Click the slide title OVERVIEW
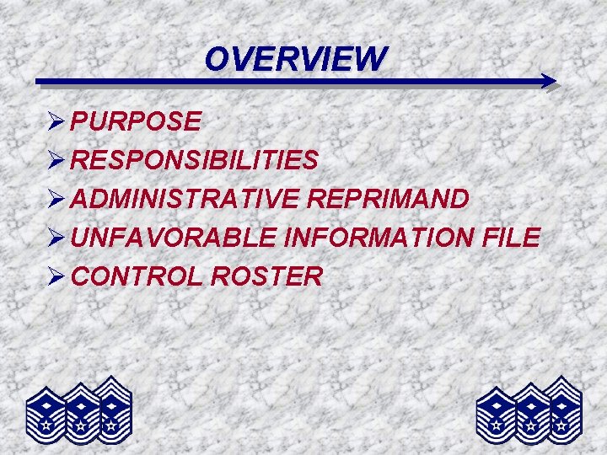pyautogui.click(x=296, y=59)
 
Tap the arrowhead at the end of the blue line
pyautogui.click(x=549, y=82)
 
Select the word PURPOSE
pyautogui.click(x=136, y=122)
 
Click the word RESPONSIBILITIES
pyautogui.click(x=195, y=160)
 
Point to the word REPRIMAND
pyautogui.click(x=389, y=199)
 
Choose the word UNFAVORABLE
pyautogui.click(x=174, y=238)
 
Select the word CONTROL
pyautogui.click(x=136, y=276)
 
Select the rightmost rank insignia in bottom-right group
pyautogui.click(x=560, y=405)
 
